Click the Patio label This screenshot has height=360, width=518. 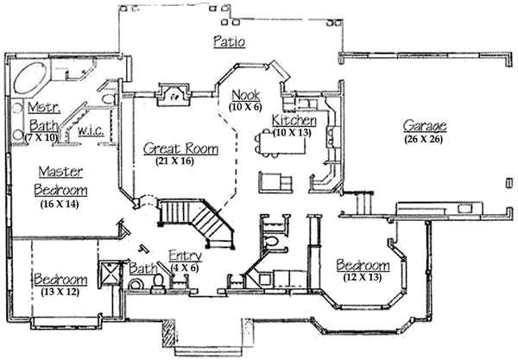(228, 41)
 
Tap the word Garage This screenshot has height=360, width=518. (423, 124)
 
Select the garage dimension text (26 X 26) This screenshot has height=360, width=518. (423, 138)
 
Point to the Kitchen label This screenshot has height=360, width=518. (294, 120)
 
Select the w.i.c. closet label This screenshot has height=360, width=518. (91, 130)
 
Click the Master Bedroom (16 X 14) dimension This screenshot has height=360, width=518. (60, 205)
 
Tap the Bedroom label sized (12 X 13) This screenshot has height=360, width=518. (362, 264)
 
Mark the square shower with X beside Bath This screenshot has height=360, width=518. (111, 273)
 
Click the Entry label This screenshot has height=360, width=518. (186, 255)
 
